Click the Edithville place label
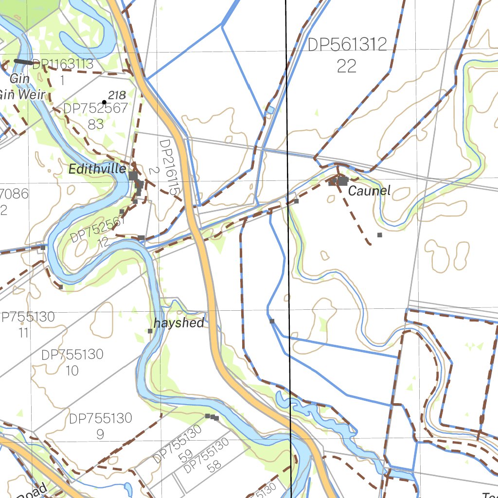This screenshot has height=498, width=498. coord(97,169)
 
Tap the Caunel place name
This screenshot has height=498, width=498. coord(369,191)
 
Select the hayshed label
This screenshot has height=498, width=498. coord(178,323)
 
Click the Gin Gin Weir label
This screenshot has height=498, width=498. coord(22,87)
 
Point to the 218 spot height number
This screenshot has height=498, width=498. coord(117,95)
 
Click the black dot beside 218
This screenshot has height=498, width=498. coord(104,102)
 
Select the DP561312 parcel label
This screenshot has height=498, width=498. coord(347,45)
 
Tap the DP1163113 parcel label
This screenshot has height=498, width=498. coord(63,64)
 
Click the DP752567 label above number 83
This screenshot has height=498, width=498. coord(95,108)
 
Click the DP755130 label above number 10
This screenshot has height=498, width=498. coord(72,355)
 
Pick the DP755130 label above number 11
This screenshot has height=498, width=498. coord(28,317)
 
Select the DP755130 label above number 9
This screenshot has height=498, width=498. coord(100,418)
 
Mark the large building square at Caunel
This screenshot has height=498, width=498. coord(343,181)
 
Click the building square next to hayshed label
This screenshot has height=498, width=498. coord(150,331)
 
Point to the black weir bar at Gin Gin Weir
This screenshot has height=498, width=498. coord(23,62)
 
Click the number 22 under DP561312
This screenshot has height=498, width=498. coord(347,66)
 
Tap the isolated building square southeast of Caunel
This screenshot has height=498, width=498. coord(380,235)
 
